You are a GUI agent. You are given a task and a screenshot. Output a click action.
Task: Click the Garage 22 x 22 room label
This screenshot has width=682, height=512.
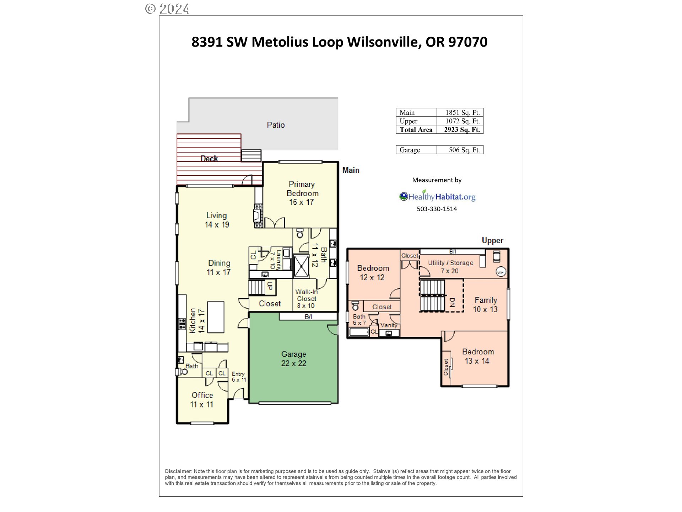tap(293, 358)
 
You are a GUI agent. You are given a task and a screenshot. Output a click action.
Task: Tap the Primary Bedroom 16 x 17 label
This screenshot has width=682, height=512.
tap(302, 193)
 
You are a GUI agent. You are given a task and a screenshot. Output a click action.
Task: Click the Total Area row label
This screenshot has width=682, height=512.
tap(416, 130)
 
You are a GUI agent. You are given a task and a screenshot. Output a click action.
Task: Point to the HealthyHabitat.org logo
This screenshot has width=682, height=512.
tap(437, 196)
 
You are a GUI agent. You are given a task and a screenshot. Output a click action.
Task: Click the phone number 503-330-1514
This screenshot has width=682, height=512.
tap(437, 209)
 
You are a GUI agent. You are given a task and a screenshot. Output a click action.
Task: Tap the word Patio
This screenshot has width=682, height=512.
tap(276, 125)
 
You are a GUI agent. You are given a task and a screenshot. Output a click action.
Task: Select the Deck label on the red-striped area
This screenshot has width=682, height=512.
tap(209, 159)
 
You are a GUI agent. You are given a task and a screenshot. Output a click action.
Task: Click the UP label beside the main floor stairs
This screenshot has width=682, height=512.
tap(270, 286)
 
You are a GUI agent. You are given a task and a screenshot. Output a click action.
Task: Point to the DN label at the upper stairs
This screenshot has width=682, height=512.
tap(452, 302)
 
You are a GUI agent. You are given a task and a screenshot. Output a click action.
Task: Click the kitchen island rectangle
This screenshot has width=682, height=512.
tap(216, 317)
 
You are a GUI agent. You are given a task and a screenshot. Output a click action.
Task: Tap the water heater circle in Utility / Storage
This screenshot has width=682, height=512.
tap(500, 272)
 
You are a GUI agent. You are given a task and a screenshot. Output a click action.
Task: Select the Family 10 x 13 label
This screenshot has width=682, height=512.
tap(485, 305)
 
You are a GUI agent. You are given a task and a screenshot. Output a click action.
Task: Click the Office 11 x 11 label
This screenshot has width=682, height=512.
tap(202, 400)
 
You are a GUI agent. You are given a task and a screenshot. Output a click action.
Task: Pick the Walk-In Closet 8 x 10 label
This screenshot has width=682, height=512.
tap(306, 299)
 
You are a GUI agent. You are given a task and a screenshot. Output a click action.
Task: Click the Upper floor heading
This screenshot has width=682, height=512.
tap(492, 240)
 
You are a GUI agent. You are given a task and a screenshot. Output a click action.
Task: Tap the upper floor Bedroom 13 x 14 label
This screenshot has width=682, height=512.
tap(477, 356)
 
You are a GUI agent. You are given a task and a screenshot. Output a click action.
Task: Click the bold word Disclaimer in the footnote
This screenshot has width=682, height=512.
tap(178, 471)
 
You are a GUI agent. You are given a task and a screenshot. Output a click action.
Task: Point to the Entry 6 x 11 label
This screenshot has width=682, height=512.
tap(239, 377)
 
